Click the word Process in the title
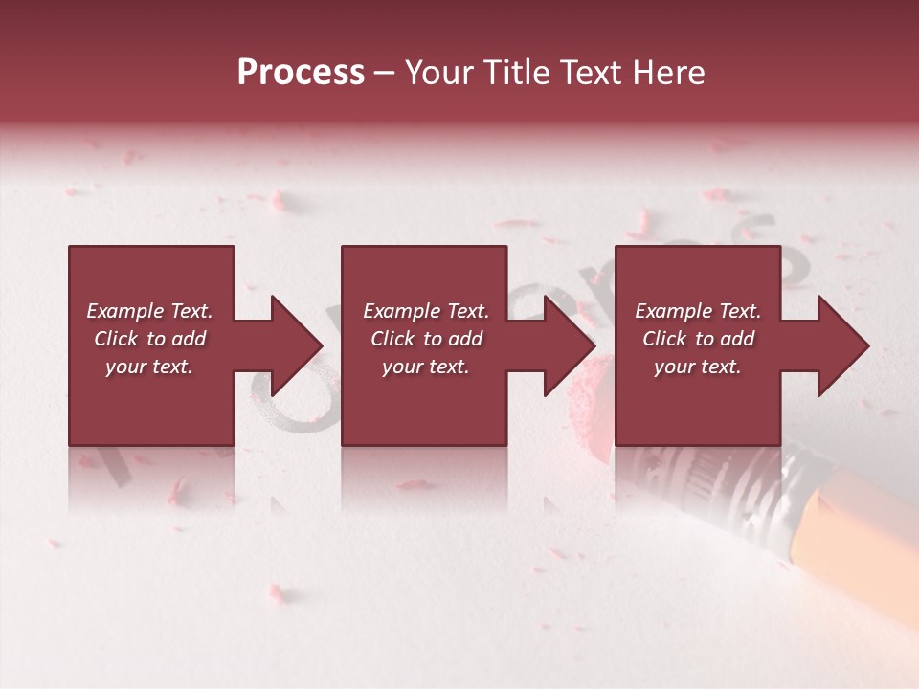301,73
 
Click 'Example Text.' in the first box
149,311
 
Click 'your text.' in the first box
149,367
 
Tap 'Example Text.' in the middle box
426,311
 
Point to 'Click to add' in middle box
426,339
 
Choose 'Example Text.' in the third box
698,311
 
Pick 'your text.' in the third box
698,367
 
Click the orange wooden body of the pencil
862,555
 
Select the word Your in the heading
437,73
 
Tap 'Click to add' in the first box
149,339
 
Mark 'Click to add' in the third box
698,339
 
